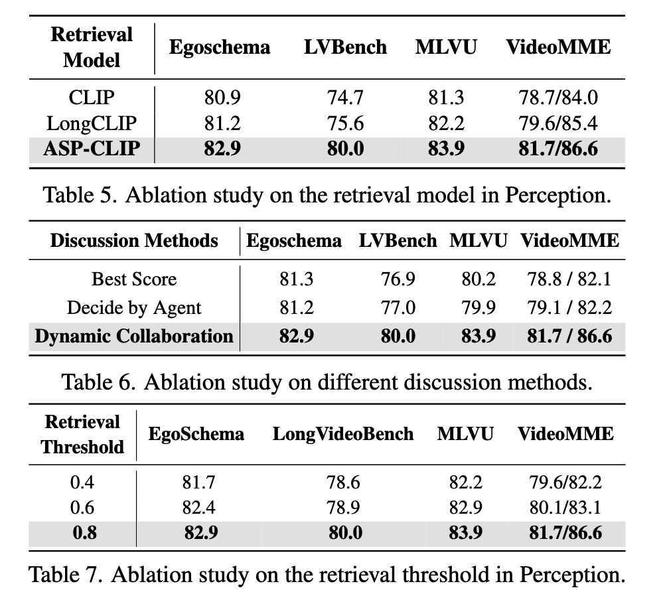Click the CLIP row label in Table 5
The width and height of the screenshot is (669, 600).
[92, 98]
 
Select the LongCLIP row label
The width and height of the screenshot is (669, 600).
[92, 123]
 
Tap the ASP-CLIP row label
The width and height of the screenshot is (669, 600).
[92, 149]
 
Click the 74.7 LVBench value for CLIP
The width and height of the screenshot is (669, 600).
[345, 98]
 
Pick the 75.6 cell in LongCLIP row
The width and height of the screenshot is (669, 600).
[345, 123]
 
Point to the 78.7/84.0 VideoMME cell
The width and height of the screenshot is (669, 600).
[558, 98]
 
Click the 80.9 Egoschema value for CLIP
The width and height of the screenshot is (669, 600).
[222, 98]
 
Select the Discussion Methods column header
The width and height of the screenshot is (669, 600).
[134, 241]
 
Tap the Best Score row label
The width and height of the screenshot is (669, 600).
[134, 279]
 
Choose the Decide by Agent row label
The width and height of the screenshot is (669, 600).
[134, 308]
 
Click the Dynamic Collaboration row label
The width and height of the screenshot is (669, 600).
[134, 336]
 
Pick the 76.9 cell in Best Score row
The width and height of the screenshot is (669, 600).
[398, 279]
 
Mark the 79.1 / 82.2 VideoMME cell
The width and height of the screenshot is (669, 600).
[569, 308]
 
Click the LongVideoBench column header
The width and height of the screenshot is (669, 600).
[343, 434]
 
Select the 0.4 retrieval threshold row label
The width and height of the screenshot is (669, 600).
[82, 483]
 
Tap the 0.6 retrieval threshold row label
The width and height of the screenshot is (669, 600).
[82, 507]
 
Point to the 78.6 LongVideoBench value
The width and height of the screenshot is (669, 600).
[344, 483]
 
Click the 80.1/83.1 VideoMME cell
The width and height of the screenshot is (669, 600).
[565, 507]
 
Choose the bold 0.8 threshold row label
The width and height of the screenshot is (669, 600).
[84, 532]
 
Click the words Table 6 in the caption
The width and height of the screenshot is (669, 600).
[98, 382]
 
